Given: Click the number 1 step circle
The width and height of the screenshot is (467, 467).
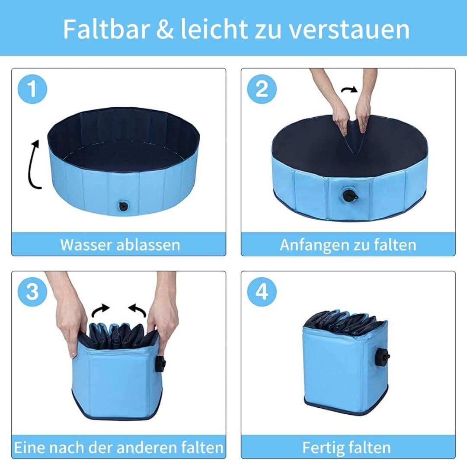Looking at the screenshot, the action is coord(32,89).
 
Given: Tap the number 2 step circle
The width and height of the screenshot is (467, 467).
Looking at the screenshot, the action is coord(262,89).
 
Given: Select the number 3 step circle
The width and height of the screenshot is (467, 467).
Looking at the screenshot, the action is coord(32,292).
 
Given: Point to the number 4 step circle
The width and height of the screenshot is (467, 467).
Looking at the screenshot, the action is coord(262,292).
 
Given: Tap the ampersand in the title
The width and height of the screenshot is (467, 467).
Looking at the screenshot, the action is coord(165,29).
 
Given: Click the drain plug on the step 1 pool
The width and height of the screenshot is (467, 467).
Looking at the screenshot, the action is coord(123,206).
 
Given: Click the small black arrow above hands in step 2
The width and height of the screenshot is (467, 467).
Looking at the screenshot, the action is coord(349,90).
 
